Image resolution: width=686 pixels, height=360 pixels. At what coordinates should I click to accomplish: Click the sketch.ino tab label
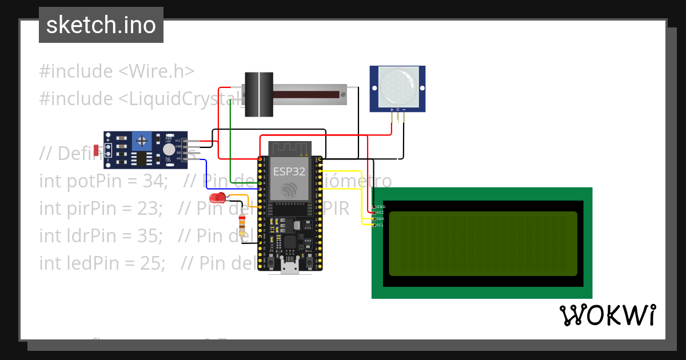[101, 25]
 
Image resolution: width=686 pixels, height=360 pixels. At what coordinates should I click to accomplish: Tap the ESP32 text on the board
[289, 171]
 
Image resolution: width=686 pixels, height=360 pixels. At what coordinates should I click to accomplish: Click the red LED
[218, 198]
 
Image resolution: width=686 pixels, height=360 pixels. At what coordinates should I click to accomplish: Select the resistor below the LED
[244, 226]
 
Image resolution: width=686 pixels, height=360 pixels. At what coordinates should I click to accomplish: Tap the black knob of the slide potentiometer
[259, 94]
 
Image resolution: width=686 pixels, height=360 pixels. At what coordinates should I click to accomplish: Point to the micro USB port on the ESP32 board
[290, 266]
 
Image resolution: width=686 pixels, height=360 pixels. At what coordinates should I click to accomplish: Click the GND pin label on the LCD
[381, 206]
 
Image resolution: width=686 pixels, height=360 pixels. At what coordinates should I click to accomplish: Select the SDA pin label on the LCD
[381, 219]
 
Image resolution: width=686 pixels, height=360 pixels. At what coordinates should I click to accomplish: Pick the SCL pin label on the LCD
[381, 225]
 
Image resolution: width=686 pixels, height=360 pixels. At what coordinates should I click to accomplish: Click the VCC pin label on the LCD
[381, 213]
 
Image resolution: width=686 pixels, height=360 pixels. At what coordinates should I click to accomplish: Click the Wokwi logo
[607, 315]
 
